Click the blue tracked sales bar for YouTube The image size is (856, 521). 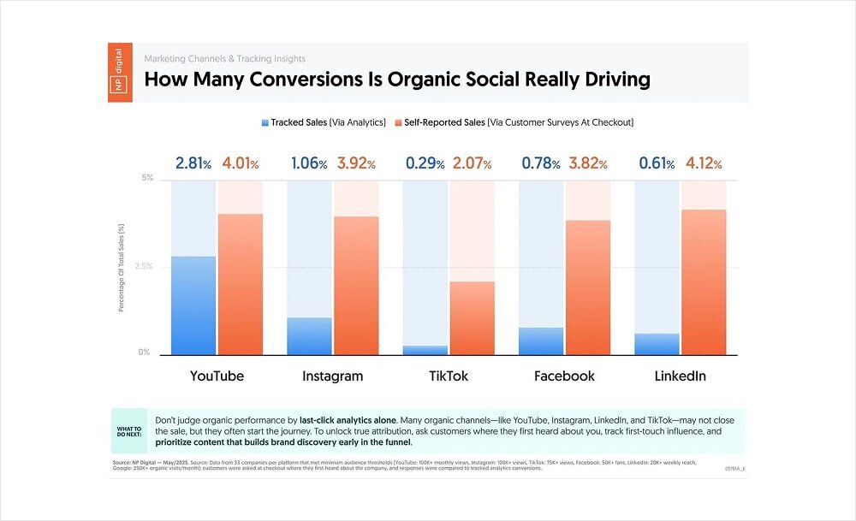click(x=193, y=305)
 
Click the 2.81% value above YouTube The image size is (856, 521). click(x=193, y=163)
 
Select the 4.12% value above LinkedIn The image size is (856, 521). click(x=704, y=163)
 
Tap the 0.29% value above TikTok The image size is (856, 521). click(x=425, y=163)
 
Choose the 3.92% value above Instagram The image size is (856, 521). click(x=356, y=163)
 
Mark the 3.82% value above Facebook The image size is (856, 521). click(x=588, y=163)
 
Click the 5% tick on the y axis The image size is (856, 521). click(x=147, y=179)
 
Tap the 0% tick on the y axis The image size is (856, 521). click(x=146, y=352)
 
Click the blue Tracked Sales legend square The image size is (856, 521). click(x=265, y=123)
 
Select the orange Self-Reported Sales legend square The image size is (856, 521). click(x=398, y=123)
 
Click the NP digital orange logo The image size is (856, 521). click(x=120, y=72)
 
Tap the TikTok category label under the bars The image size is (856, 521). click(x=449, y=376)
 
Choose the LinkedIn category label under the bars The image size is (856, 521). click(x=681, y=376)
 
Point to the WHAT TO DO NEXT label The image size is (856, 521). click(x=131, y=430)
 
